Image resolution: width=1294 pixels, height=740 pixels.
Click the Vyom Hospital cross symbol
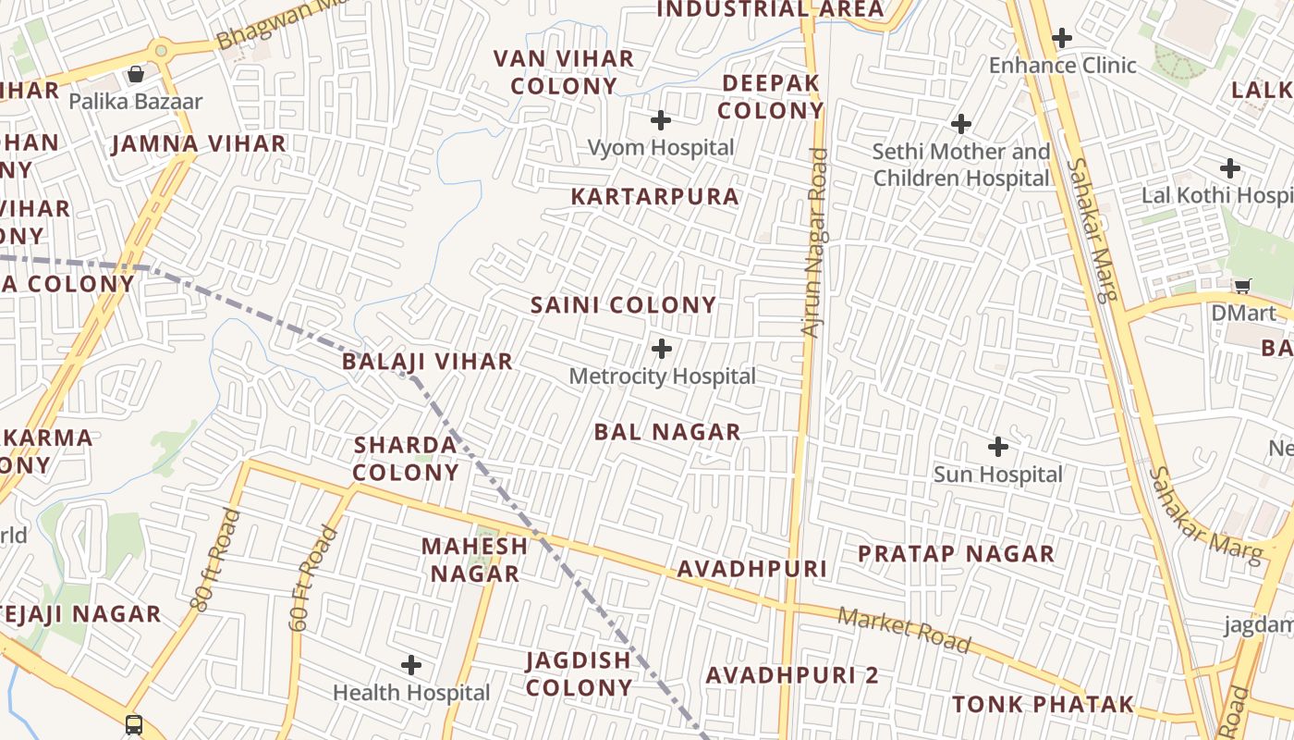(x=661, y=120)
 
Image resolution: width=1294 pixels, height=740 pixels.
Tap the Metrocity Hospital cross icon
(x=662, y=349)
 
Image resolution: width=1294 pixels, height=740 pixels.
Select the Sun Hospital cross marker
(x=998, y=447)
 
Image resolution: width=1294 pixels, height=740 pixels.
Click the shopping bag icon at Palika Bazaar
(x=136, y=74)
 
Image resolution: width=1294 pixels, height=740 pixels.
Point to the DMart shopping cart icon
(x=1243, y=287)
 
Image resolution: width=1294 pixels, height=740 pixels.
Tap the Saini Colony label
(x=623, y=305)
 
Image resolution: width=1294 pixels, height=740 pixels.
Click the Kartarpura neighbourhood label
(x=654, y=197)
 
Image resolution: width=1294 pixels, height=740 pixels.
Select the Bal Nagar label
(x=667, y=432)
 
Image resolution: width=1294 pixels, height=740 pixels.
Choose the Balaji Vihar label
(x=427, y=362)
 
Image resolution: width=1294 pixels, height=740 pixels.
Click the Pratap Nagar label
(x=956, y=554)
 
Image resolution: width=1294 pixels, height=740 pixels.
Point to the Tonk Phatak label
(x=1043, y=705)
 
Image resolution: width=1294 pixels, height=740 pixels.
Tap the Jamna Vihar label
(x=199, y=144)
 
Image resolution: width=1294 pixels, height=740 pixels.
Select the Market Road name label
(x=904, y=630)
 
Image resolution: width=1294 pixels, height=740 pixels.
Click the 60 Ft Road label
(x=312, y=578)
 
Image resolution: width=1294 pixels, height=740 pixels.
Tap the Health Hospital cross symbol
(x=411, y=665)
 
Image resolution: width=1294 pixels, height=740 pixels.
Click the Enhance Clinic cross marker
(x=1062, y=38)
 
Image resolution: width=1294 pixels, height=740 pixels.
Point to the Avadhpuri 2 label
(x=792, y=675)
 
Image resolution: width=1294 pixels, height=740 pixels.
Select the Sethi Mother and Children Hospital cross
(x=961, y=123)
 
